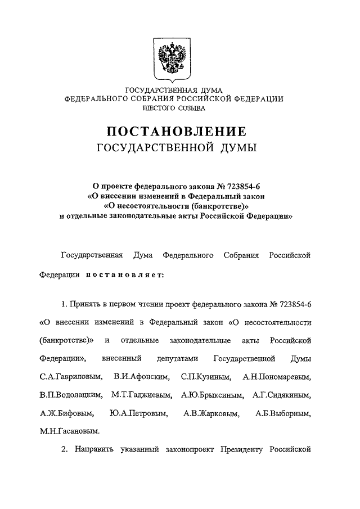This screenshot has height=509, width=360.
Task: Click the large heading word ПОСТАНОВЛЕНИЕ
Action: [177, 132]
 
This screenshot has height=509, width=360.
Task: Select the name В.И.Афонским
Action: [137, 376]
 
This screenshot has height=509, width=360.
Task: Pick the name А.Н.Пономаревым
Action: [277, 376]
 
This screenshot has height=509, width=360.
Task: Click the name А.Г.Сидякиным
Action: [281, 395]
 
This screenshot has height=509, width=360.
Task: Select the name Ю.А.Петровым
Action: [139, 414]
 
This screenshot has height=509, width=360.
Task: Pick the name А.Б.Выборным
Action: [282, 414]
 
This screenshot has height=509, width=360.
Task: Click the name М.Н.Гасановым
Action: [69, 433]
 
